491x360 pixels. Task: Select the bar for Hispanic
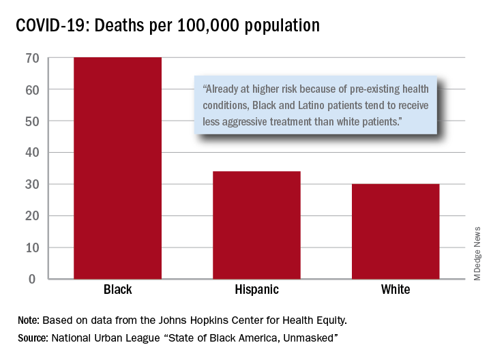tap(256, 225)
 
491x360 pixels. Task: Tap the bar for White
tap(396, 231)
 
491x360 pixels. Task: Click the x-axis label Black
tap(118, 290)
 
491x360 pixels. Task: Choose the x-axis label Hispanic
tap(256, 290)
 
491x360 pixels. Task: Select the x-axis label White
tap(396, 290)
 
